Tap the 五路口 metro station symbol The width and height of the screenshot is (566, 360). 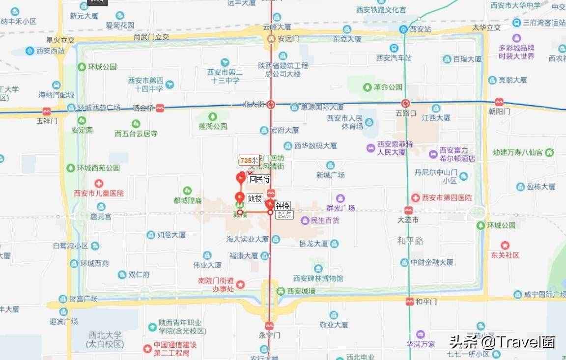pyautogui.click(x=405, y=103)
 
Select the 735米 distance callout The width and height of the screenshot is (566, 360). pyautogui.click(x=249, y=160)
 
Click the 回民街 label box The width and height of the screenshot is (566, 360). pyautogui.click(x=259, y=179)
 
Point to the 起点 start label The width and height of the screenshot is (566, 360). pyautogui.click(x=284, y=214)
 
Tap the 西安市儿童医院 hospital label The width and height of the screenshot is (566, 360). pyautogui.click(x=98, y=193)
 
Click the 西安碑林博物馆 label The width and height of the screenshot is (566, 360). pyautogui.click(x=318, y=278)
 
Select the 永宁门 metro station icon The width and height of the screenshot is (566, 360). pyautogui.click(x=269, y=326)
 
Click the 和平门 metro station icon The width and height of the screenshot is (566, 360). pyautogui.click(x=409, y=301)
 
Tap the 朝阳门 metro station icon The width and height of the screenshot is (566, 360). pyautogui.click(x=499, y=102)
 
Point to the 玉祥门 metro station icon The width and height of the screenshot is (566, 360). pyautogui.click(x=47, y=111)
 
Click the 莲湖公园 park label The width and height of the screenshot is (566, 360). pyautogui.click(x=213, y=126)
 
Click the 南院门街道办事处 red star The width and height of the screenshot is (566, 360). pyautogui.click(x=240, y=284)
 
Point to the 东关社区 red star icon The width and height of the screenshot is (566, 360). pyautogui.click(x=505, y=245)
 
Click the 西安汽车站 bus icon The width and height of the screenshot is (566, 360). pyautogui.click(x=394, y=48)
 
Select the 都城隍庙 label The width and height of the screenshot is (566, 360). pyautogui.click(x=187, y=200)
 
